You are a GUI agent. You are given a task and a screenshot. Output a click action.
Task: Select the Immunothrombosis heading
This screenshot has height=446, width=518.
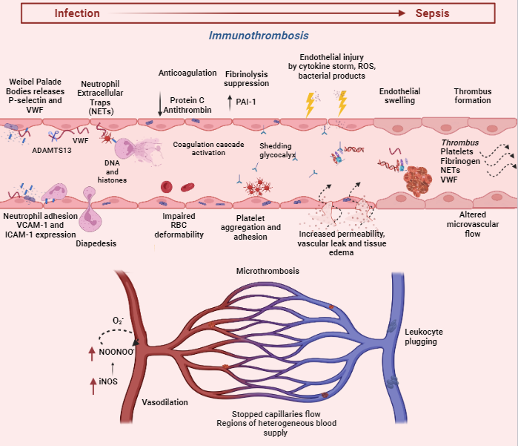[x=259, y=36]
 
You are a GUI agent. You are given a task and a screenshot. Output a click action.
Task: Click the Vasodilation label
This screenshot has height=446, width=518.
[x=165, y=401]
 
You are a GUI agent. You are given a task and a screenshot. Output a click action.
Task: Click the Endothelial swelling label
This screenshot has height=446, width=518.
[x=399, y=96]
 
